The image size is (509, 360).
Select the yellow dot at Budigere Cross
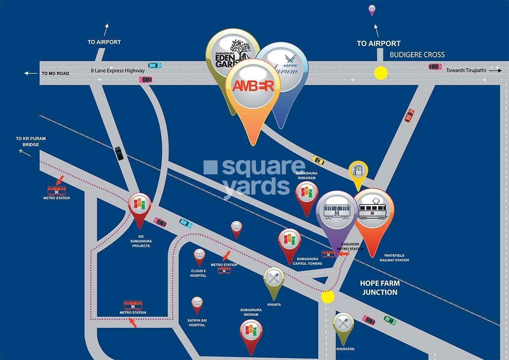click(381, 73)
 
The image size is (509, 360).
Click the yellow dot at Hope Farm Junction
click(327, 297)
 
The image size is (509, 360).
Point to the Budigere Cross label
click(417, 55)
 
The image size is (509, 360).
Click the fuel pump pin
click(358, 171)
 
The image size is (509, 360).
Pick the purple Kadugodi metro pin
click(337, 212)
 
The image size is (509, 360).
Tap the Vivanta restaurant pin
click(274, 279)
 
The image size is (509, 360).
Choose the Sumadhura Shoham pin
click(251, 332)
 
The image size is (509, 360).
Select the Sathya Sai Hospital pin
click(196, 304)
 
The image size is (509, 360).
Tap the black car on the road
click(119, 153)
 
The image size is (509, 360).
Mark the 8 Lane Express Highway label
click(117, 70)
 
